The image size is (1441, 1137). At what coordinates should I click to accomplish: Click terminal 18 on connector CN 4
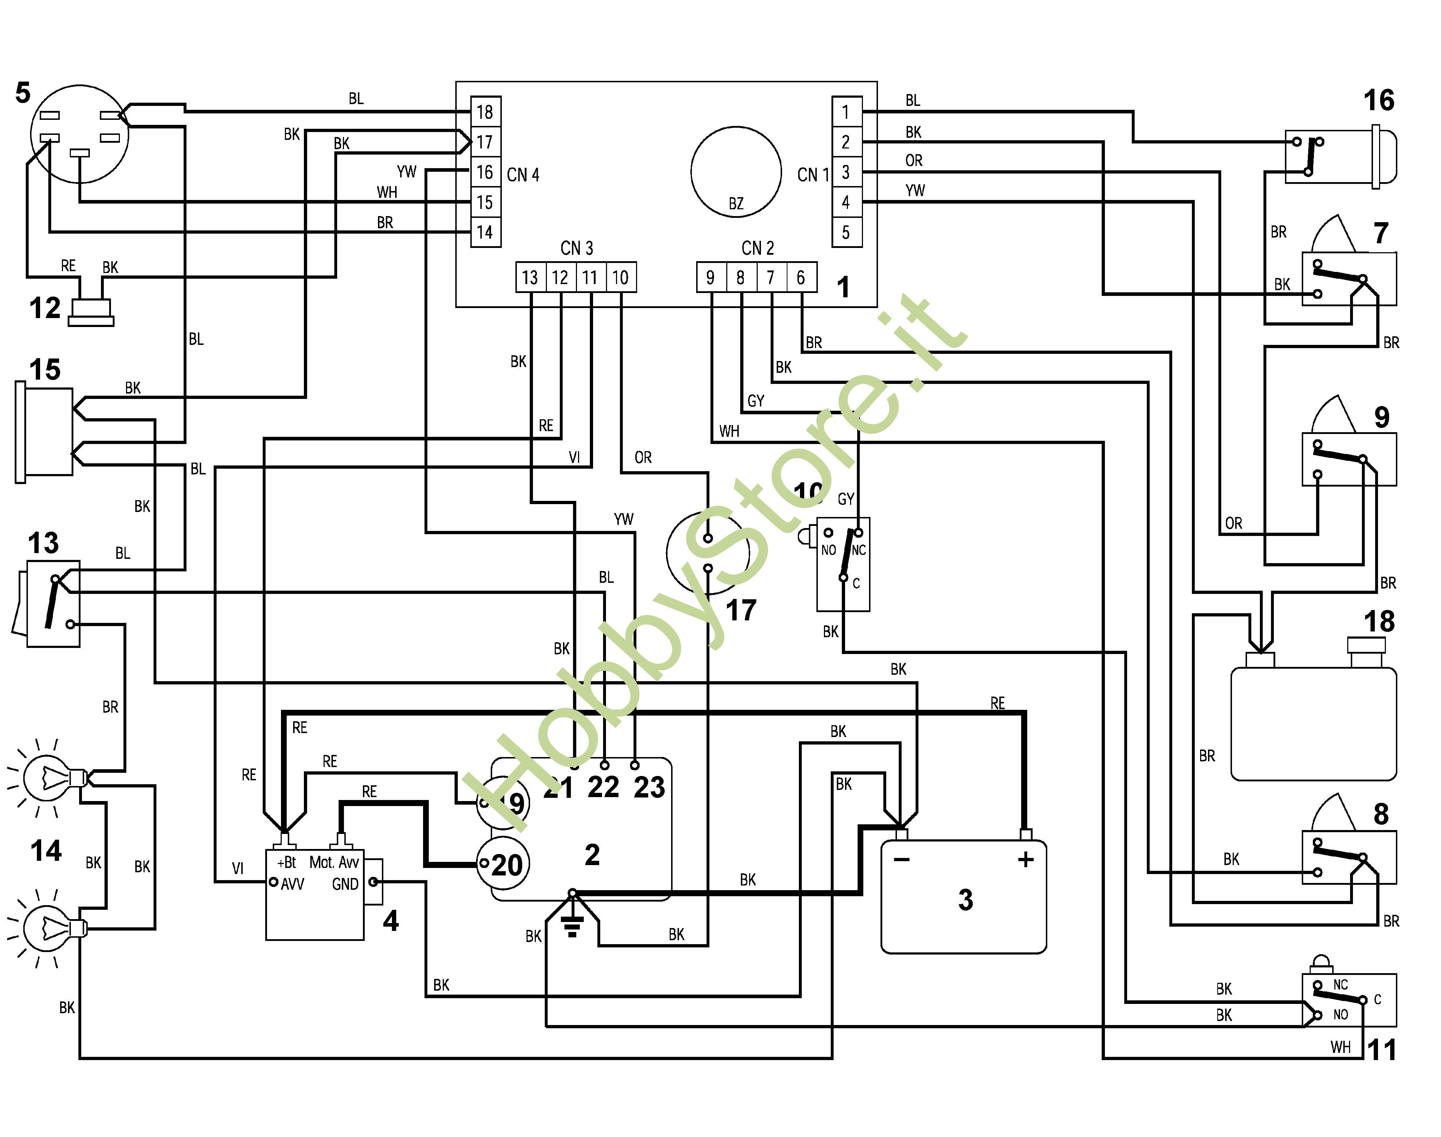pyautogui.click(x=485, y=112)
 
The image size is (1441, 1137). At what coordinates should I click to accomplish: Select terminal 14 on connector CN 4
pyautogui.click(x=485, y=232)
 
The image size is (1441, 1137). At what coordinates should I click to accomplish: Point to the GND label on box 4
pyautogui.click(x=345, y=884)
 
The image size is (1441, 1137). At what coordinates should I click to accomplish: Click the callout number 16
pyautogui.click(x=1378, y=101)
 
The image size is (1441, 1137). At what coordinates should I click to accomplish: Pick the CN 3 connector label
pyautogui.click(x=577, y=248)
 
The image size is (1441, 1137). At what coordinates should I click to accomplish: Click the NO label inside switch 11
pyautogui.click(x=1340, y=1015)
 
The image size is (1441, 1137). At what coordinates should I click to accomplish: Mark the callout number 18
pyautogui.click(x=1378, y=622)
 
